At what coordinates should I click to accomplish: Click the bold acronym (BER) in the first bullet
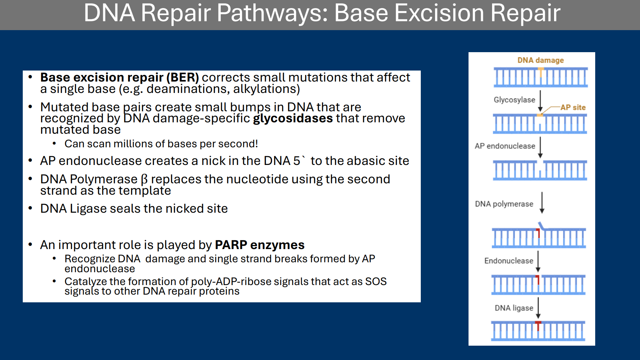coord(182,78)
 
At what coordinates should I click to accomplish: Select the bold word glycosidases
coord(293,118)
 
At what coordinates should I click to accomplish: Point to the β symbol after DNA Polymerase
coord(144,179)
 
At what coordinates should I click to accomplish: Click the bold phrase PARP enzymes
coord(259,245)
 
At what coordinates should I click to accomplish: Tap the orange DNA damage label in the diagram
coord(540,60)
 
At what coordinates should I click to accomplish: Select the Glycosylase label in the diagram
coord(514,100)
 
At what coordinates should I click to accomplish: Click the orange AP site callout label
coord(573,108)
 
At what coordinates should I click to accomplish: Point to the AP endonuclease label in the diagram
coord(505,146)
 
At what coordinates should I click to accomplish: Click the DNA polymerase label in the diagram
coord(504,204)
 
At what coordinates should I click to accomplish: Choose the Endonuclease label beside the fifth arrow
coord(509,261)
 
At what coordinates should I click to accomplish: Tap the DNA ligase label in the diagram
coord(514,308)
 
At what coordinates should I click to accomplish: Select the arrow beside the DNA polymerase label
coord(542,202)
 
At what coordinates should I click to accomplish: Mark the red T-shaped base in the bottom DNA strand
coord(538,325)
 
